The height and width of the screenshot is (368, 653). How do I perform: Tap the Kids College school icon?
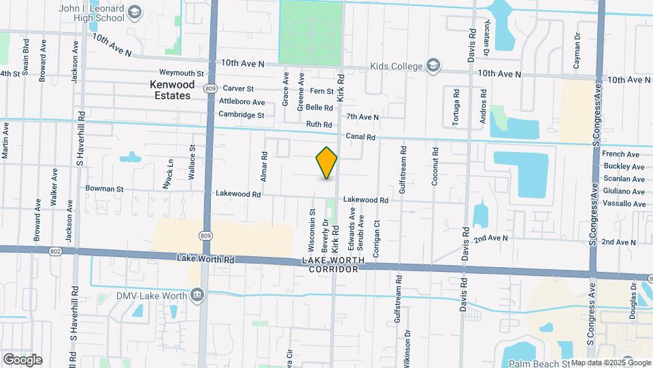pos(432,66)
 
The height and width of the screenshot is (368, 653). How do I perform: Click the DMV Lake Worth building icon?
pos(197,294)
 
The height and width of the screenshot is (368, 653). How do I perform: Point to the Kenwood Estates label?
pos(172,90)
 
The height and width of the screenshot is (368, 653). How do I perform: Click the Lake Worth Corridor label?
pos(333,265)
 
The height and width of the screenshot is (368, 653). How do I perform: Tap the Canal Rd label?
pos(361,137)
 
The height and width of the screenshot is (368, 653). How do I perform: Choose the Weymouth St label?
pos(182,73)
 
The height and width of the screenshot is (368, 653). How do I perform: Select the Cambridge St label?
pos(241,115)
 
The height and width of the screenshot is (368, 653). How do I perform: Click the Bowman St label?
pos(104,189)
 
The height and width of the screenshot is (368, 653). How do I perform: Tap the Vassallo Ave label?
pos(620,204)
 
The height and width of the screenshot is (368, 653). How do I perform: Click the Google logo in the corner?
pos(22,359)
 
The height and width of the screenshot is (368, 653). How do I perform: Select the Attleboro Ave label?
pos(242,102)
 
